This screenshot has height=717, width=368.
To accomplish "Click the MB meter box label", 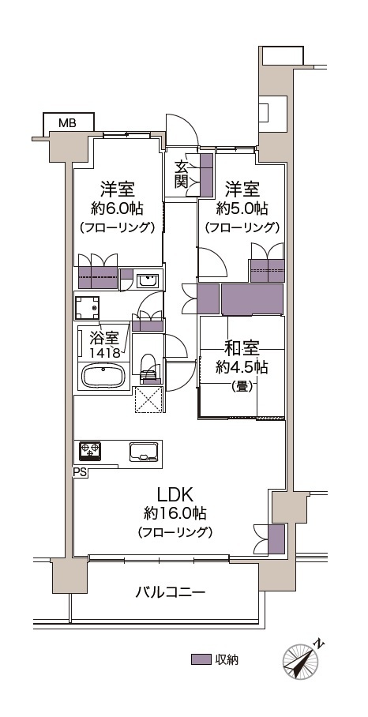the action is pyautogui.click(x=68, y=123).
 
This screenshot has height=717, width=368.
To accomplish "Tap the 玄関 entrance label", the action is pyautogui.click(x=182, y=175).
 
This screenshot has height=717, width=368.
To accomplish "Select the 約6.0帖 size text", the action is pyautogui.click(x=118, y=209).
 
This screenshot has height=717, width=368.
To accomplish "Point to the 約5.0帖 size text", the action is pyautogui.click(x=242, y=209).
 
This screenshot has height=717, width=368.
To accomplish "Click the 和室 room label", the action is pyautogui.click(x=242, y=350).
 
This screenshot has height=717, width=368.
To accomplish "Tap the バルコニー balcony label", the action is pyautogui.click(x=170, y=593).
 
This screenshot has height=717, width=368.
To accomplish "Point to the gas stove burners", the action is pyautogui.click(x=90, y=451).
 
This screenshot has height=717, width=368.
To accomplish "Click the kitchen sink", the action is pyautogui.click(x=144, y=452).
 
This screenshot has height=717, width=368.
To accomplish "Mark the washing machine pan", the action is pyautogui.click(x=88, y=308).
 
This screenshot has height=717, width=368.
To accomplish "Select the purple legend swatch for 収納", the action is pyautogui.click(x=201, y=659).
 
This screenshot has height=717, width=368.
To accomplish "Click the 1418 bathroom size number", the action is pyautogui.click(x=105, y=352).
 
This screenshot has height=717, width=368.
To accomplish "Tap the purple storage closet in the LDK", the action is pyautogui.click(x=276, y=539).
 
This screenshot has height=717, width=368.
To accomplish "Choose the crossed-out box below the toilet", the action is pyautogui.click(x=148, y=400).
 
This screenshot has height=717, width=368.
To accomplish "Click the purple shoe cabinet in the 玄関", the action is pyautogui.click(x=207, y=175).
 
